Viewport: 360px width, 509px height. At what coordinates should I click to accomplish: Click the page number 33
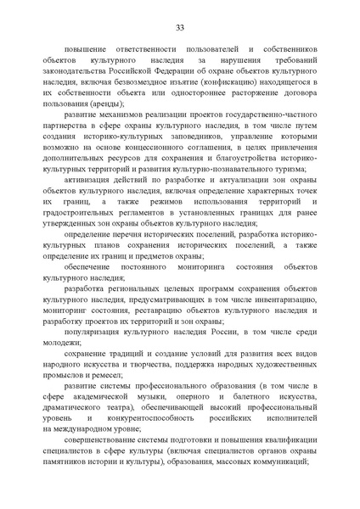click(180, 29)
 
